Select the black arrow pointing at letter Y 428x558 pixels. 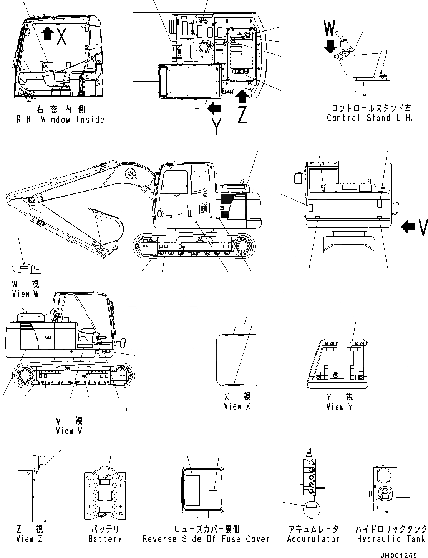coord(215,109)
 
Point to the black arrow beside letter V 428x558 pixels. coord(408,228)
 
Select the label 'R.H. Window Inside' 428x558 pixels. coord(60,120)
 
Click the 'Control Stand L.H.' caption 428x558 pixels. coord(370,118)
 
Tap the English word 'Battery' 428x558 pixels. coord(105,539)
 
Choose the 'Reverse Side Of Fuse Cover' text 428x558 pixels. coord(206,539)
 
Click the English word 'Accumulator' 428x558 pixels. coord(314,539)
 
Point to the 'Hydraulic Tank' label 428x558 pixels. coord(391,539)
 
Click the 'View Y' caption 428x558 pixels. coord(339,406)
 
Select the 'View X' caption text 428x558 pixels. coord(237,406)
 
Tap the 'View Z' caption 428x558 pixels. coord(30,539)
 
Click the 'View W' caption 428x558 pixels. coord(26,294)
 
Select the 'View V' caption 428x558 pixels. coord(69,431)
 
